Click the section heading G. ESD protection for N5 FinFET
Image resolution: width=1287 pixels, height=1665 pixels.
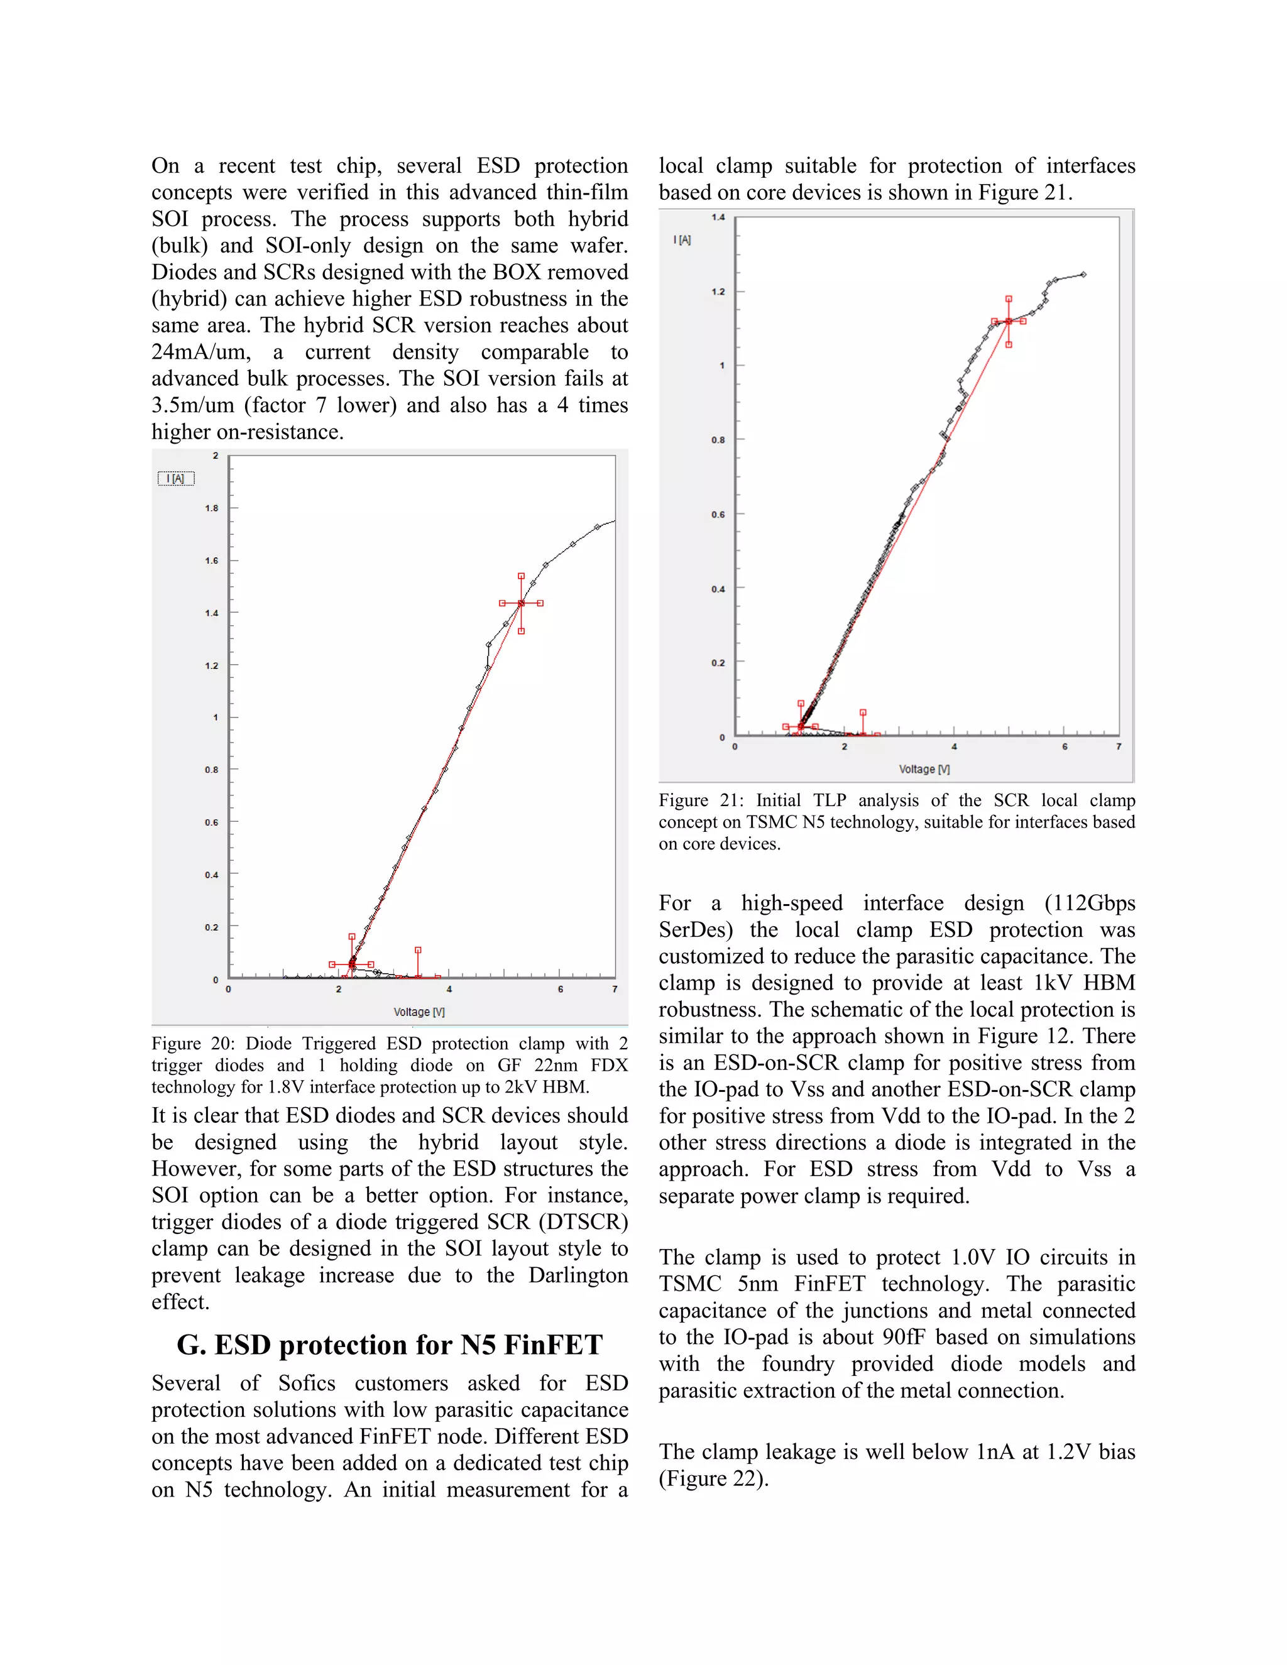[x=390, y=1345]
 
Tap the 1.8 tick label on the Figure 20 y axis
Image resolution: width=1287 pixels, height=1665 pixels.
[x=211, y=508]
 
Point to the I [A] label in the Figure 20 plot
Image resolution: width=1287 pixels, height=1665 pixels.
[x=176, y=479]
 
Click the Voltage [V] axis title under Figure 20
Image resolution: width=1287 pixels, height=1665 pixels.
[x=419, y=1012]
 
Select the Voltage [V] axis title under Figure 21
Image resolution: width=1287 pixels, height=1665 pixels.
[x=924, y=769]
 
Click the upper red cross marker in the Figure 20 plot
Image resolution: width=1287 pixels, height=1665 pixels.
[x=522, y=603]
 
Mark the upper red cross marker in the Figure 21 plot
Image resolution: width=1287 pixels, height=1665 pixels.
[x=1009, y=322]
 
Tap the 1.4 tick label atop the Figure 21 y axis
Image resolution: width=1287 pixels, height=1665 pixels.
[x=718, y=217]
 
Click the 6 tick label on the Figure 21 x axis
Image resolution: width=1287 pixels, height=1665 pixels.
[x=1065, y=747]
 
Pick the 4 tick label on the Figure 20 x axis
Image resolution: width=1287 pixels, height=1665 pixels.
[x=449, y=990]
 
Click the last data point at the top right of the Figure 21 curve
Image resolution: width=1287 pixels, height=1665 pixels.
[x=1083, y=275]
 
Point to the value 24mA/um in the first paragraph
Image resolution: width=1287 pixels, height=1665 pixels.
[x=200, y=352]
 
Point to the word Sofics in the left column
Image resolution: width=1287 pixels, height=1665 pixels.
[x=307, y=1383]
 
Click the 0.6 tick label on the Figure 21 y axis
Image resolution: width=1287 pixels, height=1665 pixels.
[x=718, y=515]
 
